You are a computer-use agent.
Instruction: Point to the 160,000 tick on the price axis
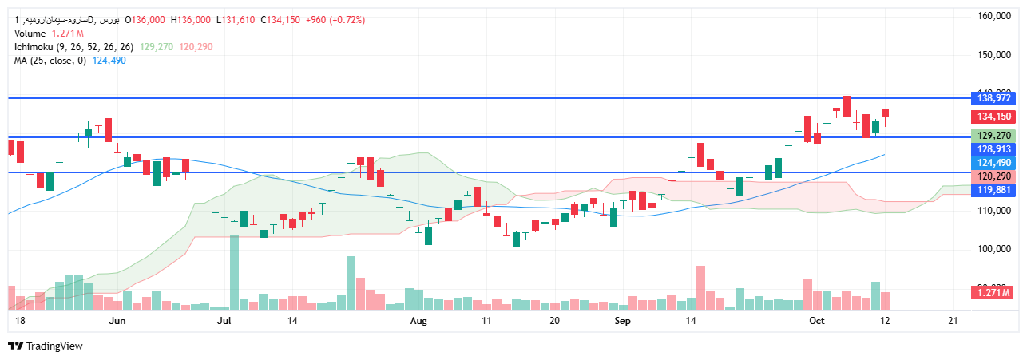pyautogui.click(x=996, y=16)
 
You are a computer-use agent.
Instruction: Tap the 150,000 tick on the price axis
pyautogui.click(x=996, y=55)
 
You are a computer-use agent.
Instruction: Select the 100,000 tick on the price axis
pyautogui.click(x=996, y=250)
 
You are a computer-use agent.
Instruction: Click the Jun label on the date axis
pyautogui.click(x=117, y=321)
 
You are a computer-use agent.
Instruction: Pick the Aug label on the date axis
pyautogui.click(x=418, y=321)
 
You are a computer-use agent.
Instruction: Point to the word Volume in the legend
pyautogui.click(x=30, y=34)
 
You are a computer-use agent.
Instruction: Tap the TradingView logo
pyautogui.click(x=46, y=346)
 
